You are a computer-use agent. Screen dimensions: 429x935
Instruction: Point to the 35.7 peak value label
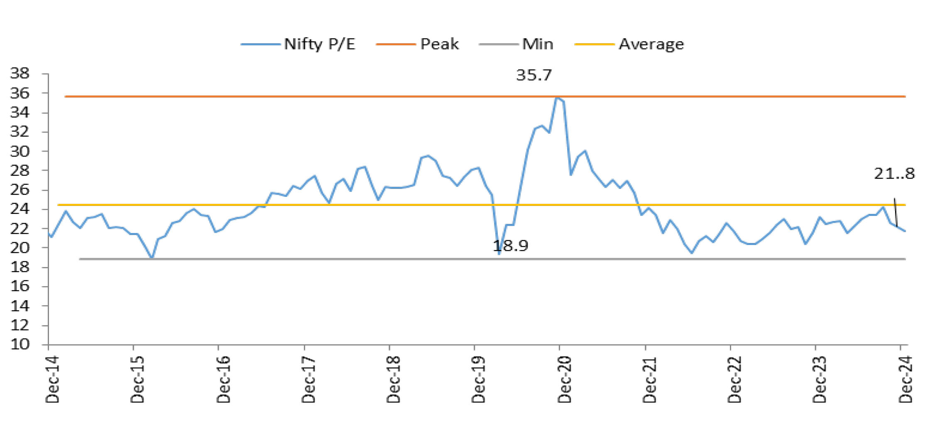tap(534, 75)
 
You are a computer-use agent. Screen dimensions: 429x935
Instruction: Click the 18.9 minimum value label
tap(510, 246)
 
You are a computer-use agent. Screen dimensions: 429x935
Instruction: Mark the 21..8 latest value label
tap(894, 174)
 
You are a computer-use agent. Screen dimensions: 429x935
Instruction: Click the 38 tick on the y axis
tap(20, 74)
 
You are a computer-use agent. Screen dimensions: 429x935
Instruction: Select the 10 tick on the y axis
tap(20, 344)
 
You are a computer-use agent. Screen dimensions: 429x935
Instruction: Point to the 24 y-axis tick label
tap(20, 209)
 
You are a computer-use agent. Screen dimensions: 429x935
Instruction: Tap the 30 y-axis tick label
tap(20, 151)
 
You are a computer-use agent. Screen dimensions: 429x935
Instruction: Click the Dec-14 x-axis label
tap(53, 379)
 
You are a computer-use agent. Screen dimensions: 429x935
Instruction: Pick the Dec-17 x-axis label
tap(309, 379)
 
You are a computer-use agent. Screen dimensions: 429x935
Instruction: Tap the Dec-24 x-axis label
tap(906, 379)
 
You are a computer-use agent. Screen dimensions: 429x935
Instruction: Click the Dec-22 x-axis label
tap(735, 379)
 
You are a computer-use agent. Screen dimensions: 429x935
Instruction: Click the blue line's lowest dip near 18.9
tap(499, 253)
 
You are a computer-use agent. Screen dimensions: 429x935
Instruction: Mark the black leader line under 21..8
tap(896, 212)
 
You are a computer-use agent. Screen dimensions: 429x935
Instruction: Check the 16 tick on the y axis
tap(20, 286)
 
